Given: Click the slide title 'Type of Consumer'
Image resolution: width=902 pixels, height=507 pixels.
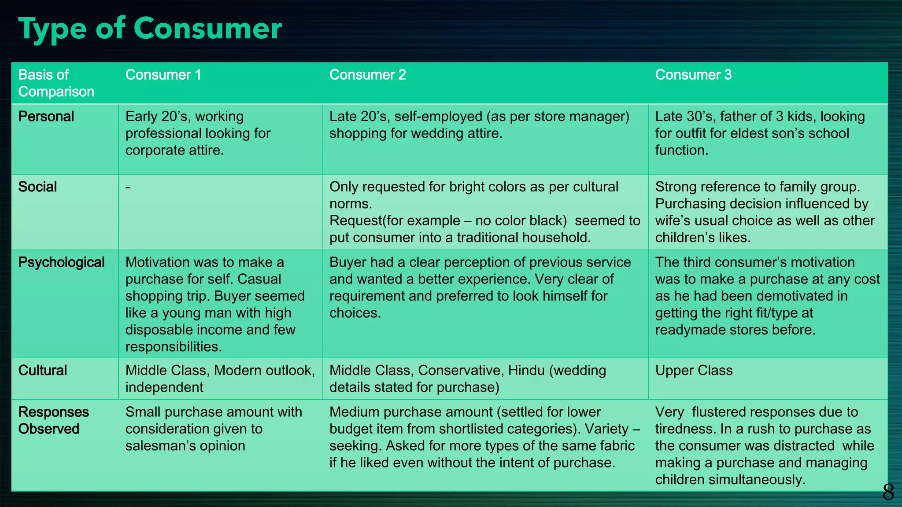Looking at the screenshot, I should [x=150, y=29].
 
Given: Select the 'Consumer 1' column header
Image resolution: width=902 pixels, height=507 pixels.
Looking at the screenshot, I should [x=163, y=75].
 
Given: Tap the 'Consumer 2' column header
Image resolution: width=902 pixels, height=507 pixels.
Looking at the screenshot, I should [x=367, y=75].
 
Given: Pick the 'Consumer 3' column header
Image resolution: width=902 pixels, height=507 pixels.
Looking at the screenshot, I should [x=693, y=75].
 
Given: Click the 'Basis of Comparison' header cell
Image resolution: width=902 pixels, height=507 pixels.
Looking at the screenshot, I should [x=56, y=83].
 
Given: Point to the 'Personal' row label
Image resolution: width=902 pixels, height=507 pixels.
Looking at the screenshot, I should [x=46, y=117].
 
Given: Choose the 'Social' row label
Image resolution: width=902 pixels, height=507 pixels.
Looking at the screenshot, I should [x=37, y=187].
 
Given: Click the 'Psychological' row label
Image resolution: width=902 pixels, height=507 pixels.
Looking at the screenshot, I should [x=61, y=262].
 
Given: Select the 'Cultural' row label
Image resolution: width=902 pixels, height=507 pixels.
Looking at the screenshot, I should [x=42, y=371].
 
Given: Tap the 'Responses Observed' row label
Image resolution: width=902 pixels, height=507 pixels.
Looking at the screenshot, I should [x=53, y=420].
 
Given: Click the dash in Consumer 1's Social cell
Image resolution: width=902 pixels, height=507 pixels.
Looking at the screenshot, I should [x=128, y=187].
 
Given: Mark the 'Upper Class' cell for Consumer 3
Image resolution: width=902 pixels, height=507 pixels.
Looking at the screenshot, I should [x=694, y=371].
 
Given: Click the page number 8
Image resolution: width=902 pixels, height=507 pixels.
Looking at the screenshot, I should [x=888, y=492].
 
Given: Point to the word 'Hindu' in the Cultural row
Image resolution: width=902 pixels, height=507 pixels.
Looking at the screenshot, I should [x=526, y=371].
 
